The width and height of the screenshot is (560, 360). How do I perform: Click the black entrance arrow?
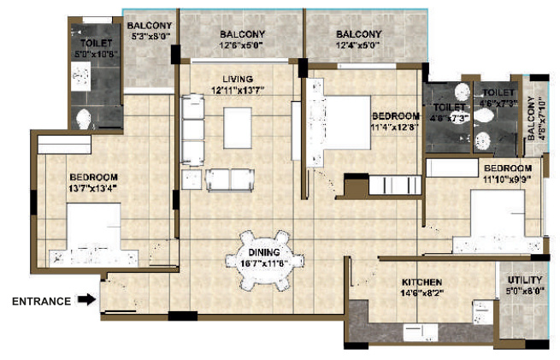pyautogui.click(x=84, y=300)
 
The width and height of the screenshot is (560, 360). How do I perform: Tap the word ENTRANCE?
pyautogui.click(x=39, y=301)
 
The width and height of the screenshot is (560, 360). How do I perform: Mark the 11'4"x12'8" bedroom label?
pyautogui.click(x=395, y=121)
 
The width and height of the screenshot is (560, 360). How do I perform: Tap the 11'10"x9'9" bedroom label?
pyautogui.click(x=508, y=174)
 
